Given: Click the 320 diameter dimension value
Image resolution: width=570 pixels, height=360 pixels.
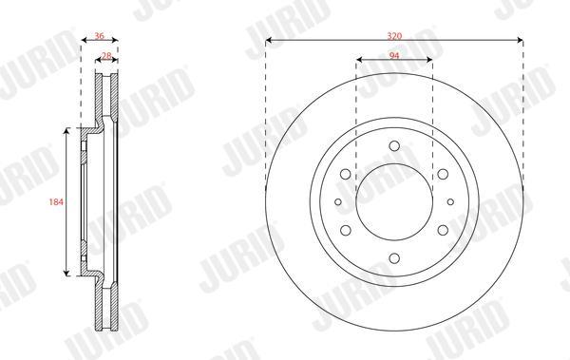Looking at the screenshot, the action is (394, 36).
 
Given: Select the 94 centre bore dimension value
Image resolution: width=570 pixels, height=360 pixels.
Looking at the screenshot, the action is (394, 55).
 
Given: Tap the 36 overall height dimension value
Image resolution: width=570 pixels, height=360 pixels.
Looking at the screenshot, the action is (99, 36).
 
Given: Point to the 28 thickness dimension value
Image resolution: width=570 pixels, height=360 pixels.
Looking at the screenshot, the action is (106, 56).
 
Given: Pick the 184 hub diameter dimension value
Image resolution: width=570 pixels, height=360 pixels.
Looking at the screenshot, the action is (56, 201).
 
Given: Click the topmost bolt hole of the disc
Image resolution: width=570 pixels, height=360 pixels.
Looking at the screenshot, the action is (394, 146).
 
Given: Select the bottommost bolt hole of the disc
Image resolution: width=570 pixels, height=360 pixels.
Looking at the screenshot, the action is (394, 258).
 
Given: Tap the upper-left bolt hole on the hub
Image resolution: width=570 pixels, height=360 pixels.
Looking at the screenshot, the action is (346, 174).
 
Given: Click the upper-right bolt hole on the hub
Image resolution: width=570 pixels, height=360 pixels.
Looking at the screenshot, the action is (443, 174).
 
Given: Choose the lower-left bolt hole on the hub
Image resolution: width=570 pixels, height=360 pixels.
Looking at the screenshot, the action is (346, 230).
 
